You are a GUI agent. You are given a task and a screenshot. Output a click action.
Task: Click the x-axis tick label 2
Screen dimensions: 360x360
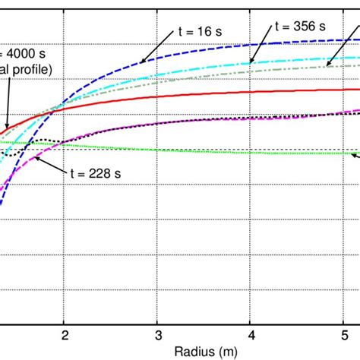point(65,335)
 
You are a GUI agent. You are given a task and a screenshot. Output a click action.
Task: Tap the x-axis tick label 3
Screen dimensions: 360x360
point(158,335)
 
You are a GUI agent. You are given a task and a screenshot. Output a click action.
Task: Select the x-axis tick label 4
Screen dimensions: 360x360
point(251,335)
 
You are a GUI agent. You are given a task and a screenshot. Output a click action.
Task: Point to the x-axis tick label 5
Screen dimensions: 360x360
point(343,335)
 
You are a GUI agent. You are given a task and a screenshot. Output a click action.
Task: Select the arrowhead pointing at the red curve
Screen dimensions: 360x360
point(6,127)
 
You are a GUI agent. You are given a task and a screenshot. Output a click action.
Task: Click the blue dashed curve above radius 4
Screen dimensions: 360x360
point(251,42)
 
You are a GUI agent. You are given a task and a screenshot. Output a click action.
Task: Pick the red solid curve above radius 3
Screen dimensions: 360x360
point(158,96)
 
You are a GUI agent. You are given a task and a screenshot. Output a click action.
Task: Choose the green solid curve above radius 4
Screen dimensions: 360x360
point(251,152)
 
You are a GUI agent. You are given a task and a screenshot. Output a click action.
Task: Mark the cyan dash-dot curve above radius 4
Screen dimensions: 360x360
point(251,60)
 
